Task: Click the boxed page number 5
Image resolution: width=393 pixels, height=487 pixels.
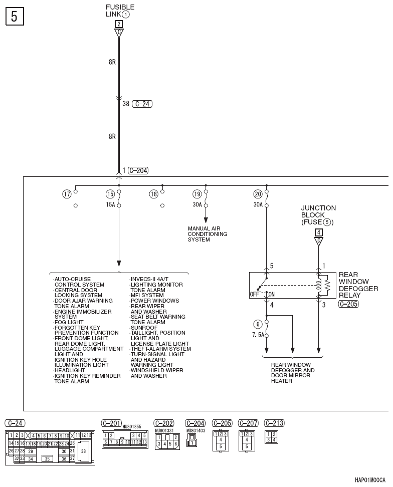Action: point(14,17)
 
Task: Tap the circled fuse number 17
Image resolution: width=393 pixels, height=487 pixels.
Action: point(67,194)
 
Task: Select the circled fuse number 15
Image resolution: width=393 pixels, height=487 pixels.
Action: point(110,194)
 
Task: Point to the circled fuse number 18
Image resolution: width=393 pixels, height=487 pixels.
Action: point(153,194)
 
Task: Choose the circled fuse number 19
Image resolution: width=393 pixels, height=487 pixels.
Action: point(197,194)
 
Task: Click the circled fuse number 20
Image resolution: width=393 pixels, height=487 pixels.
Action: point(258,194)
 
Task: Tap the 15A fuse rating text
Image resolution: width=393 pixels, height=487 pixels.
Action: point(110,205)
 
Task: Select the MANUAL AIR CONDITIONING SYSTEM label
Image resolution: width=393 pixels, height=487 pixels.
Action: point(208,234)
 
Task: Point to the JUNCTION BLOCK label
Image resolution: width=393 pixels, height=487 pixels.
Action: point(318,215)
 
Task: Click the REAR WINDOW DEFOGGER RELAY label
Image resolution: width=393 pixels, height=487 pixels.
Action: point(358,285)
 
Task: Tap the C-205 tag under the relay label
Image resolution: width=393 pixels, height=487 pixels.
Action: point(348,305)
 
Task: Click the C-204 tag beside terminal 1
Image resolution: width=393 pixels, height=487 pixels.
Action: point(138,170)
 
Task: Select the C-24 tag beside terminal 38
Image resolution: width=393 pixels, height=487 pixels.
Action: point(142,104)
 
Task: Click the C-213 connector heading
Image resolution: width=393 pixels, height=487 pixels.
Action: point(274,423)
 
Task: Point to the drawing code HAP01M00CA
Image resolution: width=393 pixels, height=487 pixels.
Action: point(370,480)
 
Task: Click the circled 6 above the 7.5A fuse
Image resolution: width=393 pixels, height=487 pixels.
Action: point(258,324)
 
